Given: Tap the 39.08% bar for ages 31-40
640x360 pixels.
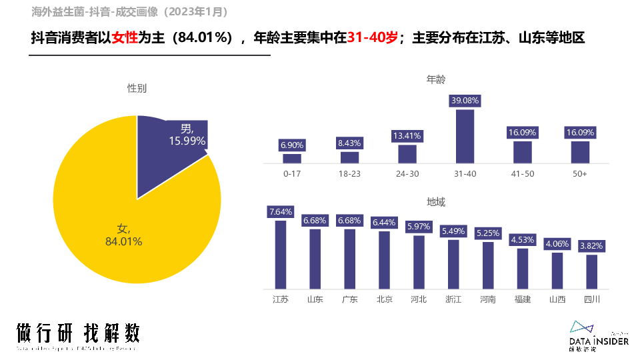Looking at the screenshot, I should tap(465, 136).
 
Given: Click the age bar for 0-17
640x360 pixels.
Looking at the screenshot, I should tap(292, 158).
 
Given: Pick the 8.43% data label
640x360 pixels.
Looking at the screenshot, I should tap(349, 143).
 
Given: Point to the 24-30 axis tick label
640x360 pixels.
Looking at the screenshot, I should tap(407, 174).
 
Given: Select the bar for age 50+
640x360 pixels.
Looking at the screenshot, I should tap(580, 152).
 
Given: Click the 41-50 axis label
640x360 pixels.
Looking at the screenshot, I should tap(523, 174).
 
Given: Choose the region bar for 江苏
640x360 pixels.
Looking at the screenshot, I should tap(281, 253).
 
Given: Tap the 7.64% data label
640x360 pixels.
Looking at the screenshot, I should tap(281, 212).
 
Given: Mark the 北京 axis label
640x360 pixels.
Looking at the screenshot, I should tap(385, 299).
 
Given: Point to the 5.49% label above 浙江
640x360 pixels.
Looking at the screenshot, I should tap(453, 231).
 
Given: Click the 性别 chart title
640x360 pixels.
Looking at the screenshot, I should tap(137, 88).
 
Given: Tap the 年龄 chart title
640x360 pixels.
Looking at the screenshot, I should tap(436, 79).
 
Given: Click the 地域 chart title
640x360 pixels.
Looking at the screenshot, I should tap(436, 202).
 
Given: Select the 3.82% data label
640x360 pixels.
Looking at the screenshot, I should tap(592, 246).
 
